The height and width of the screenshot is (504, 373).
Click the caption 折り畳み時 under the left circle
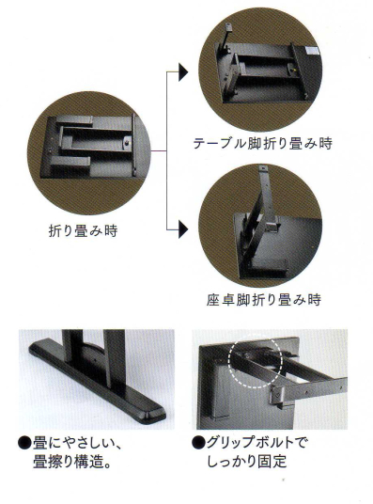coord(84,230)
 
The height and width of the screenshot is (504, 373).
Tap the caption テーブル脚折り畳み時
coord(262,144)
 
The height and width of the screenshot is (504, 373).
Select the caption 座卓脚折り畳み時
coord(263,300)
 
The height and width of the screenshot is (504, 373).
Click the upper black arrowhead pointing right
coord(183,72)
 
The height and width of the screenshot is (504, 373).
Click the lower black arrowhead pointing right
coord(183,229)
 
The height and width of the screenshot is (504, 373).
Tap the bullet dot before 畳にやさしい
coord(24,444)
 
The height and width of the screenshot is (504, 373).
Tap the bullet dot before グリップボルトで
coord(198,443)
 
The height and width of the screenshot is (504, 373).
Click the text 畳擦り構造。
coord(72,462)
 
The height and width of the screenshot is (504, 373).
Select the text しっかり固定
coord(247,462)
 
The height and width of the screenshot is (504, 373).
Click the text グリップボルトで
coord(256,443)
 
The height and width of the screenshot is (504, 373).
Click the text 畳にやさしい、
coord(77,444)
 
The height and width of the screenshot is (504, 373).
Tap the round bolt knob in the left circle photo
coord(128,141)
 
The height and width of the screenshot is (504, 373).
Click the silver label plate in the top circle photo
coord(312,50)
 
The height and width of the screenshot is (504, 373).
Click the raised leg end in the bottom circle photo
coord(263,168)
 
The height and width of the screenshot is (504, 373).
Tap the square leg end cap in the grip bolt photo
coord(276,395)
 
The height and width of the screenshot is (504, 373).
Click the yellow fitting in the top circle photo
coord(291,68)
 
